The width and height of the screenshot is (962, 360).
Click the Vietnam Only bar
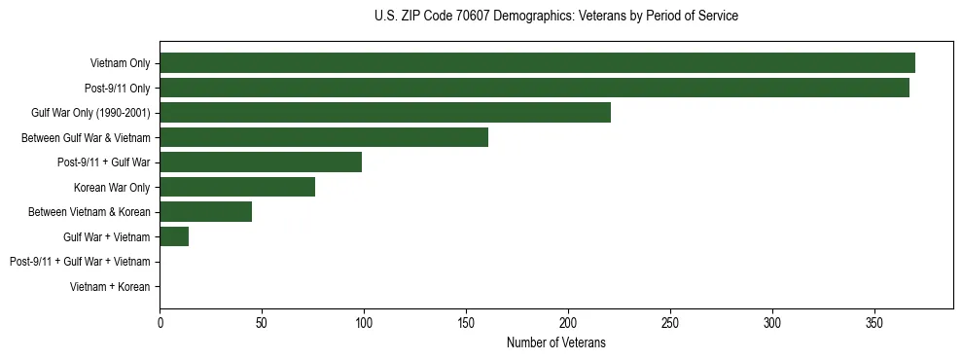tap(537, 63)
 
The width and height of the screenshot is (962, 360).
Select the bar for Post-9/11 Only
tap(534, 88)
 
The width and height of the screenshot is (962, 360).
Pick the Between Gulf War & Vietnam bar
tap(324, 137)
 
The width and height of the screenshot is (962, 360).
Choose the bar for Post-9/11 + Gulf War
tap(261, 162)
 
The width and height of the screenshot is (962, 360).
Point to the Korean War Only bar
tap(237, 187)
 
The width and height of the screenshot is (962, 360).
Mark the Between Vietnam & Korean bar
tap(206, 212)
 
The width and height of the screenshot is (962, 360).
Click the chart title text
tap(555, 17)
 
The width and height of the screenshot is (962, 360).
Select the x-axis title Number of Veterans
tap(555, 342)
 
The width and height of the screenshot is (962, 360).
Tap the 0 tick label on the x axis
tap(160, 322)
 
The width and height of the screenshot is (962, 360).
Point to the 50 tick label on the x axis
tap(262, 322)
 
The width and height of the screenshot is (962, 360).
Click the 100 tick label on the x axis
tap(364, 322)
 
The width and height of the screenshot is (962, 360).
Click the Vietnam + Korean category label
tap(110, 287)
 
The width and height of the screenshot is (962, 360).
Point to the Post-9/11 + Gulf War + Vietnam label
tap(80, 262)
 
